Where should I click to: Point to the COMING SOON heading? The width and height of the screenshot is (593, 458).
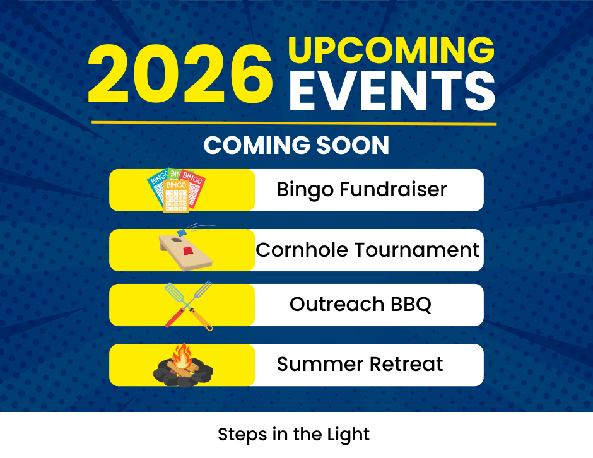point(296,146)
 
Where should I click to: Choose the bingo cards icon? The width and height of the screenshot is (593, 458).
point(176,189)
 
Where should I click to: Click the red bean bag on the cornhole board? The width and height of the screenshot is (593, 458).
point(187,250)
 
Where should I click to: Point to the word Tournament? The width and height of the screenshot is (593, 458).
point(416,250)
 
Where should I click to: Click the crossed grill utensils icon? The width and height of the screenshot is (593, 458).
point(187,305)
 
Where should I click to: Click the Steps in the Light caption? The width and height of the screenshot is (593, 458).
point(293,434)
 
